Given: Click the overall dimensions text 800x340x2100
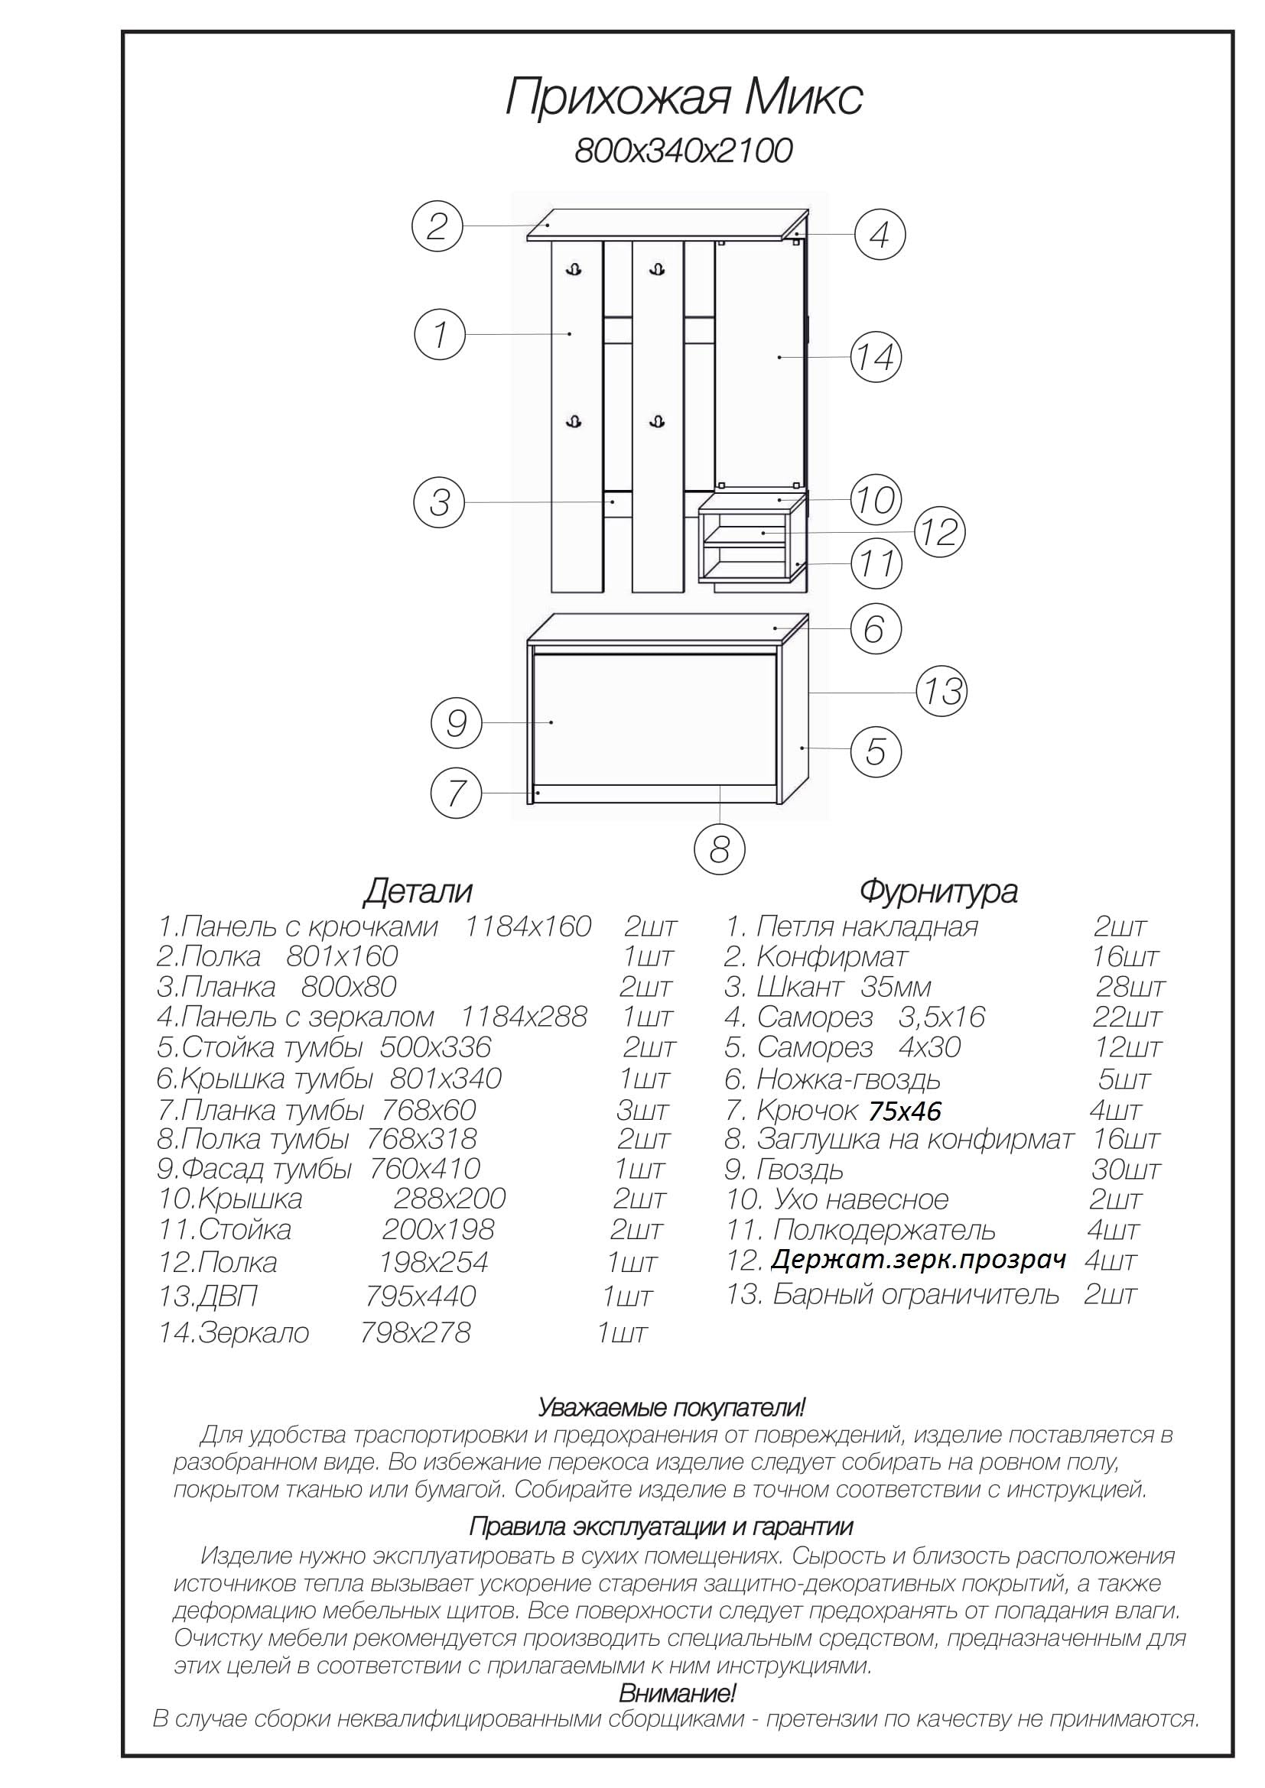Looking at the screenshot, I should (683, 151).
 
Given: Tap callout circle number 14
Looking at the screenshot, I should (876, 358).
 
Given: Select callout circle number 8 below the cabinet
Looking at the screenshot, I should (719, 849).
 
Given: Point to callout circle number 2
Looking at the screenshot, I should (437, 226).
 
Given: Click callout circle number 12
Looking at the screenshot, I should (939, 533).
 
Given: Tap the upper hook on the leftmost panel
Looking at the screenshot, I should (574, 269).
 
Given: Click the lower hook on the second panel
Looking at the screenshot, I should (659, 421).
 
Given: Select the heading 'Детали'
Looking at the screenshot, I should (418, 891).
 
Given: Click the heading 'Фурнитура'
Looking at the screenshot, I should (938, 891).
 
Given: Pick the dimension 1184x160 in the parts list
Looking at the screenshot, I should (528, 926).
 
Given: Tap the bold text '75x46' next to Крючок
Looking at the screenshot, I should (904, 1111).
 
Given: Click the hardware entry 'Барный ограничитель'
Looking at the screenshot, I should (915, 1294).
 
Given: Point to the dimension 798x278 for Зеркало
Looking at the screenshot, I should (415, 1332).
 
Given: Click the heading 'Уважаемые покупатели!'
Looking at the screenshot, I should (672, 1407).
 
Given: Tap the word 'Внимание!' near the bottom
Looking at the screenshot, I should (677, 1693).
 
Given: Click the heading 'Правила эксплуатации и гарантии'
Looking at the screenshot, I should (661, 1527).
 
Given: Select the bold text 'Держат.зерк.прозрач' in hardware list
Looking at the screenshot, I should (919, 1260).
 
